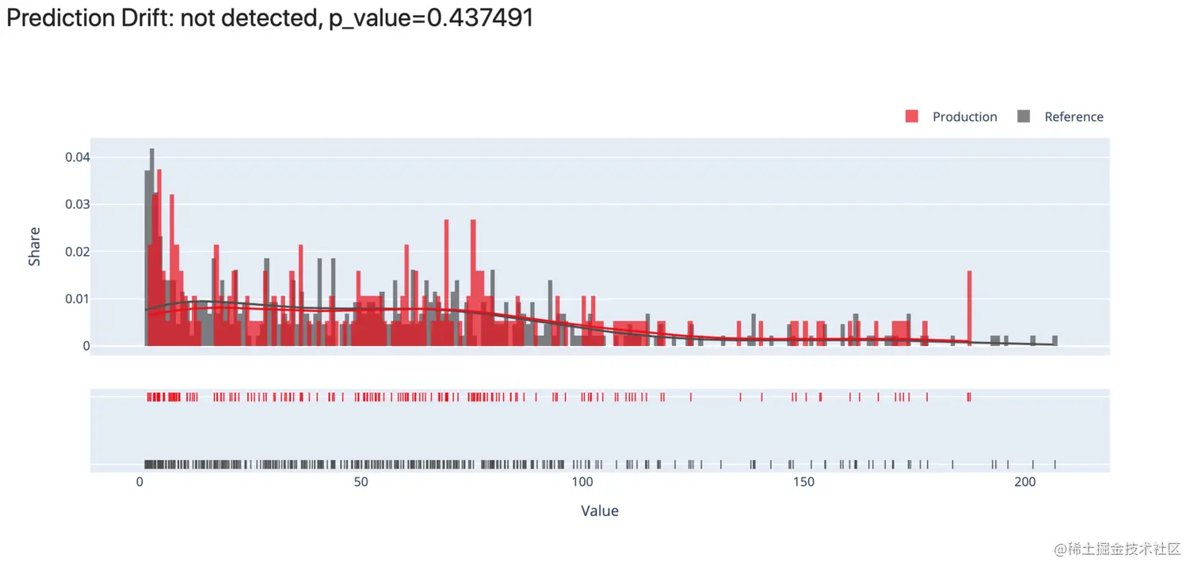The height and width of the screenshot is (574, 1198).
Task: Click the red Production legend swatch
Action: coord(911,116)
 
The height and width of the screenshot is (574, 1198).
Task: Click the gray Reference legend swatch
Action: coord(1023,116)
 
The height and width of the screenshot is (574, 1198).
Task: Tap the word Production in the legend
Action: coord(964,117)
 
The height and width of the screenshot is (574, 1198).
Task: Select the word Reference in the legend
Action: coord(1074,117)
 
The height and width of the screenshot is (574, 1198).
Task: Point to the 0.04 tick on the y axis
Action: coord(78,158)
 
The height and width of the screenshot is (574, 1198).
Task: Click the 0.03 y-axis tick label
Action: coord(78,204)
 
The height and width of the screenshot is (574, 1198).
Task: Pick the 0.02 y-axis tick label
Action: coord(78,252)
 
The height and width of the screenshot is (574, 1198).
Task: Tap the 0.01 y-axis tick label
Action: coord(78,299)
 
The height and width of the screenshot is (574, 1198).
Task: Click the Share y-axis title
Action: coord(34,246)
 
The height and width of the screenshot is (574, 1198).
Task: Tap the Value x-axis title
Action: coord(600,511)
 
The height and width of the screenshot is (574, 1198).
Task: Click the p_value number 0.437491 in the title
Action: coord(480,18)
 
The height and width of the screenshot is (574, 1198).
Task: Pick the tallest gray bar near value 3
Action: coord(151,238)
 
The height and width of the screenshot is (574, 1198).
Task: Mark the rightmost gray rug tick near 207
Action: coord(1055,464)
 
